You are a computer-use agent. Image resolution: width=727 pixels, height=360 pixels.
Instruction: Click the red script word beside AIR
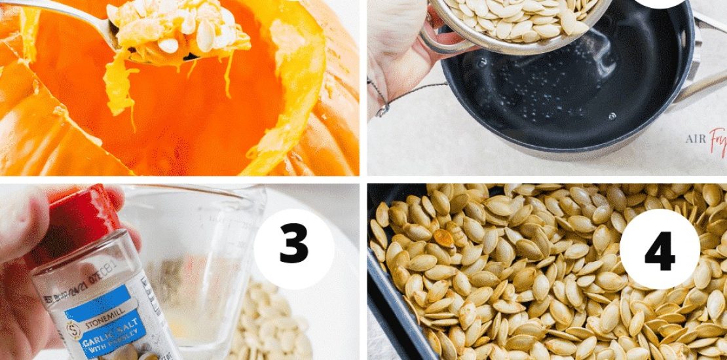[718, 139]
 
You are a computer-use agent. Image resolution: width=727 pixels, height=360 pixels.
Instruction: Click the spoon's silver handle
[59, 13]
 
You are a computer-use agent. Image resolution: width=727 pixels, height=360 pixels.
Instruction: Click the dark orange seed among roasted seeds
[445, 239]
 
